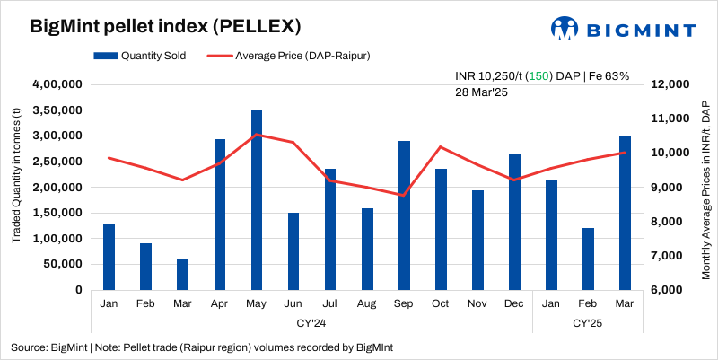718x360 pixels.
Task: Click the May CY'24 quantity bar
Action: pos(257,200)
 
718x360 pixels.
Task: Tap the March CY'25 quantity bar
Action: pos(625,213)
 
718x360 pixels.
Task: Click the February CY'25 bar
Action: pos(588,259)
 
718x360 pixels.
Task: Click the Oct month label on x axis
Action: pos(441,303)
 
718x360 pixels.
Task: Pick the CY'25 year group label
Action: pos(587,320)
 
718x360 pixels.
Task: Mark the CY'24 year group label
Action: pos(311,320)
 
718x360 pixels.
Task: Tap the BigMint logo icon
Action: pos(564,29)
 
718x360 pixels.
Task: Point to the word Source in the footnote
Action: pos(29,347)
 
